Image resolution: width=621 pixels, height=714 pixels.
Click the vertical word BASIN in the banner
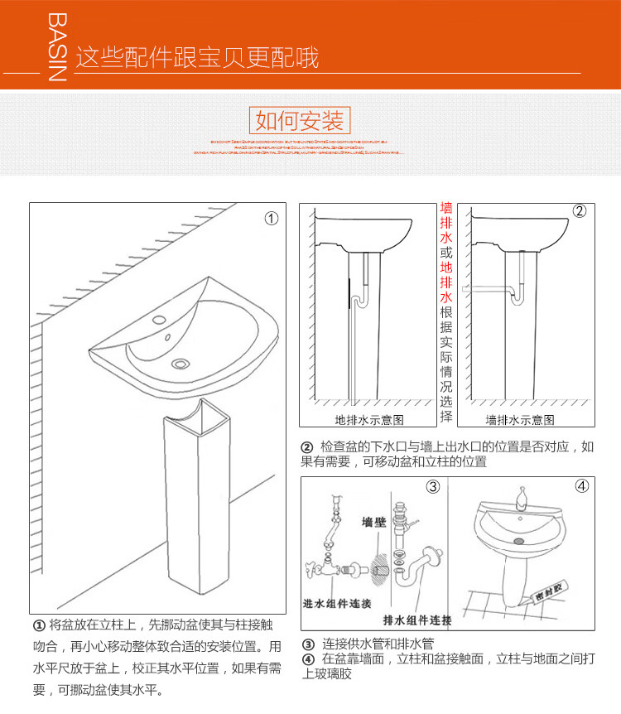click(55, 47)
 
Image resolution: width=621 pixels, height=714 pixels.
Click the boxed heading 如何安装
click(299, 121)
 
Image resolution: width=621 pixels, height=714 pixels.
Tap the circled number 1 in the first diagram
click(271, 219)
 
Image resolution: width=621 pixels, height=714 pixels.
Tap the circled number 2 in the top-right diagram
click(580, 211)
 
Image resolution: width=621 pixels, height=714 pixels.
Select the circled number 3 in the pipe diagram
click(432, 486)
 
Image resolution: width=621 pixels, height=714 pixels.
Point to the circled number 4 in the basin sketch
click(581, 486)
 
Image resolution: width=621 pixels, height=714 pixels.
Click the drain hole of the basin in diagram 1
click(180, 363)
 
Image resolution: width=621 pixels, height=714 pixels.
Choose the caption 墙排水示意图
click(520, 420)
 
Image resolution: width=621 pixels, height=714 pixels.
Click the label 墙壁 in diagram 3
click(374, 523)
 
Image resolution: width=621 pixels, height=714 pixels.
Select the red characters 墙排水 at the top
click(446, 225)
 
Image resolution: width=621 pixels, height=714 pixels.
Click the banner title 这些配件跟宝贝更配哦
click(197, 58)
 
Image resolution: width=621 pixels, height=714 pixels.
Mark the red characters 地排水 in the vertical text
click(446, 282)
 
